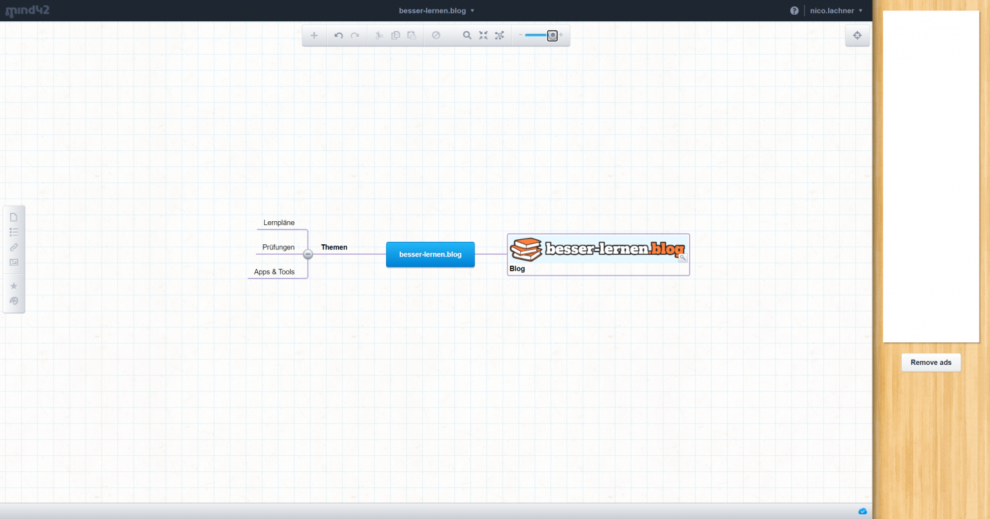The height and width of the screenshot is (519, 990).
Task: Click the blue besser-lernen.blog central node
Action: pyautogui.click(x=430, y=254)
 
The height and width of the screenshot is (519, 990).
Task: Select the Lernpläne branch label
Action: pyautogui.click(x=279, y=222)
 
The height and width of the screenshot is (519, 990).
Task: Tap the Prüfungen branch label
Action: pyautogui.click(x=278, y=247)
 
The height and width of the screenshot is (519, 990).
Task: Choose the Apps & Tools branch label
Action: pyautogui.click(x=274, y=271)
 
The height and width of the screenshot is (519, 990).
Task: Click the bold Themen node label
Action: pyautogui.click(x=334, y=247)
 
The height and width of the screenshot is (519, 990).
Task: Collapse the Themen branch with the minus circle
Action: pyautogui.click(x=308, y=254)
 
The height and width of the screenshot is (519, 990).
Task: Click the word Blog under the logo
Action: pyautogui.click(x=517, y=269)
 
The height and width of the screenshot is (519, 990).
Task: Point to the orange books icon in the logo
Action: pyautogui.click(x=525, y=250)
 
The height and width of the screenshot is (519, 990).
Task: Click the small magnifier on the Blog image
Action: pyautogui.click(x=683, y=258)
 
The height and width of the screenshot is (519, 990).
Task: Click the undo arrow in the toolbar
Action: pyautogui.click(x=338, y=35)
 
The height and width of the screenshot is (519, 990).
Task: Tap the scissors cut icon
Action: pyautogui.click(x=379, y=35)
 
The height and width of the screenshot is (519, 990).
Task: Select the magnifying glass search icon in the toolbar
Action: pyautogui.click(x=467, y=35)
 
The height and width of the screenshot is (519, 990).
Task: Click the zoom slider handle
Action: pyautogui.click(x=552, y=35)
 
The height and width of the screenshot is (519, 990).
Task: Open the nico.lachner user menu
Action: pyautogui.click(x=836, y=10)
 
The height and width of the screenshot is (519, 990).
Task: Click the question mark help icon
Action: pyautogui.click(x=794, y=10)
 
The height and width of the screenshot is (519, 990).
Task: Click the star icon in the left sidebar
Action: pyautogui.click(x=14, y=286)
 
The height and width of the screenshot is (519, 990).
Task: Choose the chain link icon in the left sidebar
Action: pyautogui.click(x=14, y=248)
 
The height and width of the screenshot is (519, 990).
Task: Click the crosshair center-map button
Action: pyautogui.click(x=857, y=35)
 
